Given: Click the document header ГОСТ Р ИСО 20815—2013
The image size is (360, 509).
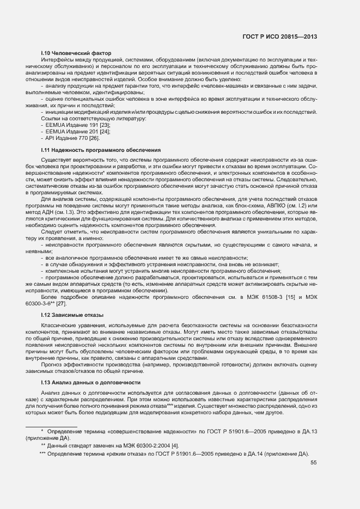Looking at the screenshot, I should tap(279, 36).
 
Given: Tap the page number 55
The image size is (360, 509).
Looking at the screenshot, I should tap(314, 463).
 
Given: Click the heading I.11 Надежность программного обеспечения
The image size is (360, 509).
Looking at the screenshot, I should tap(101, 149).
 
